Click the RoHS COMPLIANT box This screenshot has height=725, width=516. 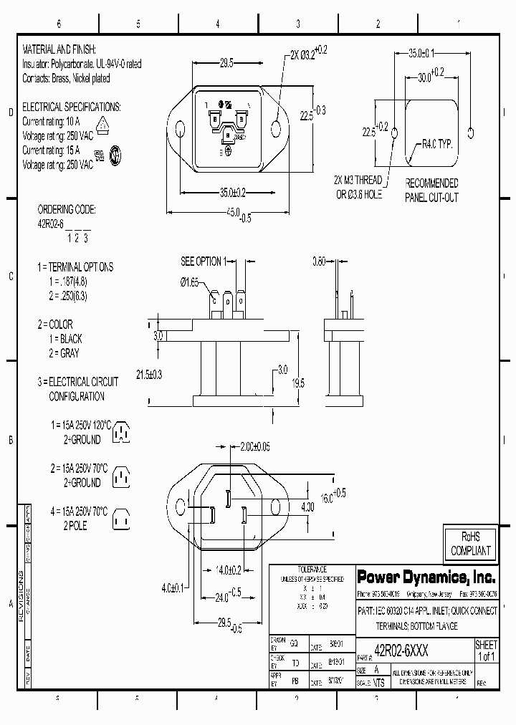(470, 544)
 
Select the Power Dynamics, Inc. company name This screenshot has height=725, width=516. (426, 577)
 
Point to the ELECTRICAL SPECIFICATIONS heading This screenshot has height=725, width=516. (72, 107)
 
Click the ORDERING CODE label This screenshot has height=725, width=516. (66, 210)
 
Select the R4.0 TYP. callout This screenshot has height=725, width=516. (437, 144)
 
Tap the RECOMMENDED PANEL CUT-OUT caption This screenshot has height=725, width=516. (431, 191)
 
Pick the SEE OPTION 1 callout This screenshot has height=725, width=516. (204, 261)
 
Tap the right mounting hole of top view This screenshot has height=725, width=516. (277, 129)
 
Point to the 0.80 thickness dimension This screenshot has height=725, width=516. (320, 261)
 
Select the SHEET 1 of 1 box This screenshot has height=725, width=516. (486, 651)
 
